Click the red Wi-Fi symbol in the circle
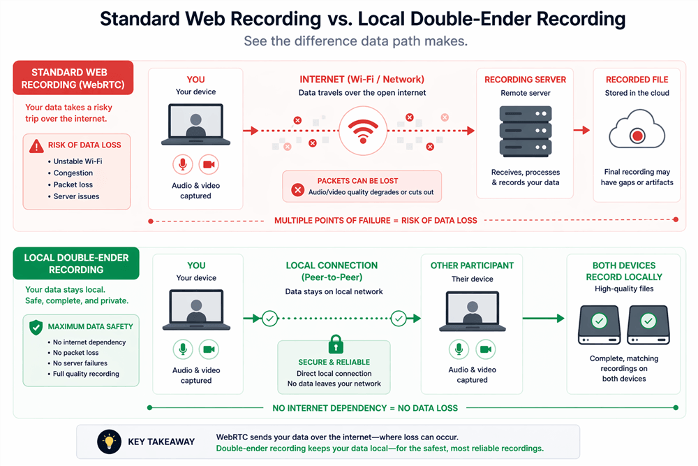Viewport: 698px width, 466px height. pos(362,131)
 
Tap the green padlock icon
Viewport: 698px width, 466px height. pos(335,344)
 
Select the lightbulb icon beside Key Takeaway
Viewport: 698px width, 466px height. pos(108,442)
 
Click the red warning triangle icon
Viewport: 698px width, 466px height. pos(36,145)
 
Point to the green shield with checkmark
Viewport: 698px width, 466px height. pos(35,327)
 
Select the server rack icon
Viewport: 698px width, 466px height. pos(526,131)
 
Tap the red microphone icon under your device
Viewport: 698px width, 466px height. pos(183,165)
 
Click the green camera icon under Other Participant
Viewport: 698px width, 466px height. pos(486,349)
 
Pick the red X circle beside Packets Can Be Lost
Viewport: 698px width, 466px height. pos(297,189)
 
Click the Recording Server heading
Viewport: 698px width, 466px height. pos(526,80)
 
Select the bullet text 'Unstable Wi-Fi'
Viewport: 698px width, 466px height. pos(77,161)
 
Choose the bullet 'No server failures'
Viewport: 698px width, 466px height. pos(80,363)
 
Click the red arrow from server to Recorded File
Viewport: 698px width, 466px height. pos(581,131)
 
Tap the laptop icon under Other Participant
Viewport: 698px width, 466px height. pos(472,312)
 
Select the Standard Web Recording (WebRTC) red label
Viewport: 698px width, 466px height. pos(73,79)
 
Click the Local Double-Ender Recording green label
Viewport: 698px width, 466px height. pos(76,263)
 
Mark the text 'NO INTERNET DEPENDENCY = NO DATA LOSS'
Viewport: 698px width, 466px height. pos(365,407)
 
